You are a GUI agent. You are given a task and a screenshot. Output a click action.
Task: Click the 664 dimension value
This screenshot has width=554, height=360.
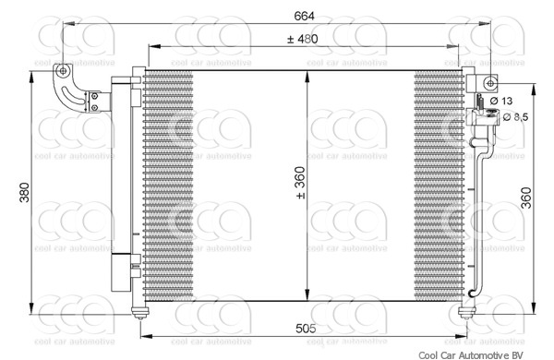coord(304,16)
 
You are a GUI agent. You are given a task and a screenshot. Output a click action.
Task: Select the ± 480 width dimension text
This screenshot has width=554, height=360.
coord(303,39)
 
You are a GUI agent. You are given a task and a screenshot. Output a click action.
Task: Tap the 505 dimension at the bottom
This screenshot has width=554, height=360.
coord(306,329)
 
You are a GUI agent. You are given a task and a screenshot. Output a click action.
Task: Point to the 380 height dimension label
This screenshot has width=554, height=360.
coord(24,192)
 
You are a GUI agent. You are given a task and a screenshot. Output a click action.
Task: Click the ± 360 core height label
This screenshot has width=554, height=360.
coord(300,183)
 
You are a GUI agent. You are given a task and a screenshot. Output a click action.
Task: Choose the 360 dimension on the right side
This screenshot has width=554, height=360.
coord(526,198)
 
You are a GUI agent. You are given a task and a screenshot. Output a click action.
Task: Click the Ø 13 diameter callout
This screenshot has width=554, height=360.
coord(501,101)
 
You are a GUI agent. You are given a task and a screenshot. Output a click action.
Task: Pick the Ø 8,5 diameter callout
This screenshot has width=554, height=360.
coord(515,116)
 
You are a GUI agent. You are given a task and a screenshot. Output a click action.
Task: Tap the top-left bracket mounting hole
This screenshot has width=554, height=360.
coord(63,71)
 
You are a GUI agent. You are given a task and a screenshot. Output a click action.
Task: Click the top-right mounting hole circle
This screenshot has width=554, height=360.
coord(490,83)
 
